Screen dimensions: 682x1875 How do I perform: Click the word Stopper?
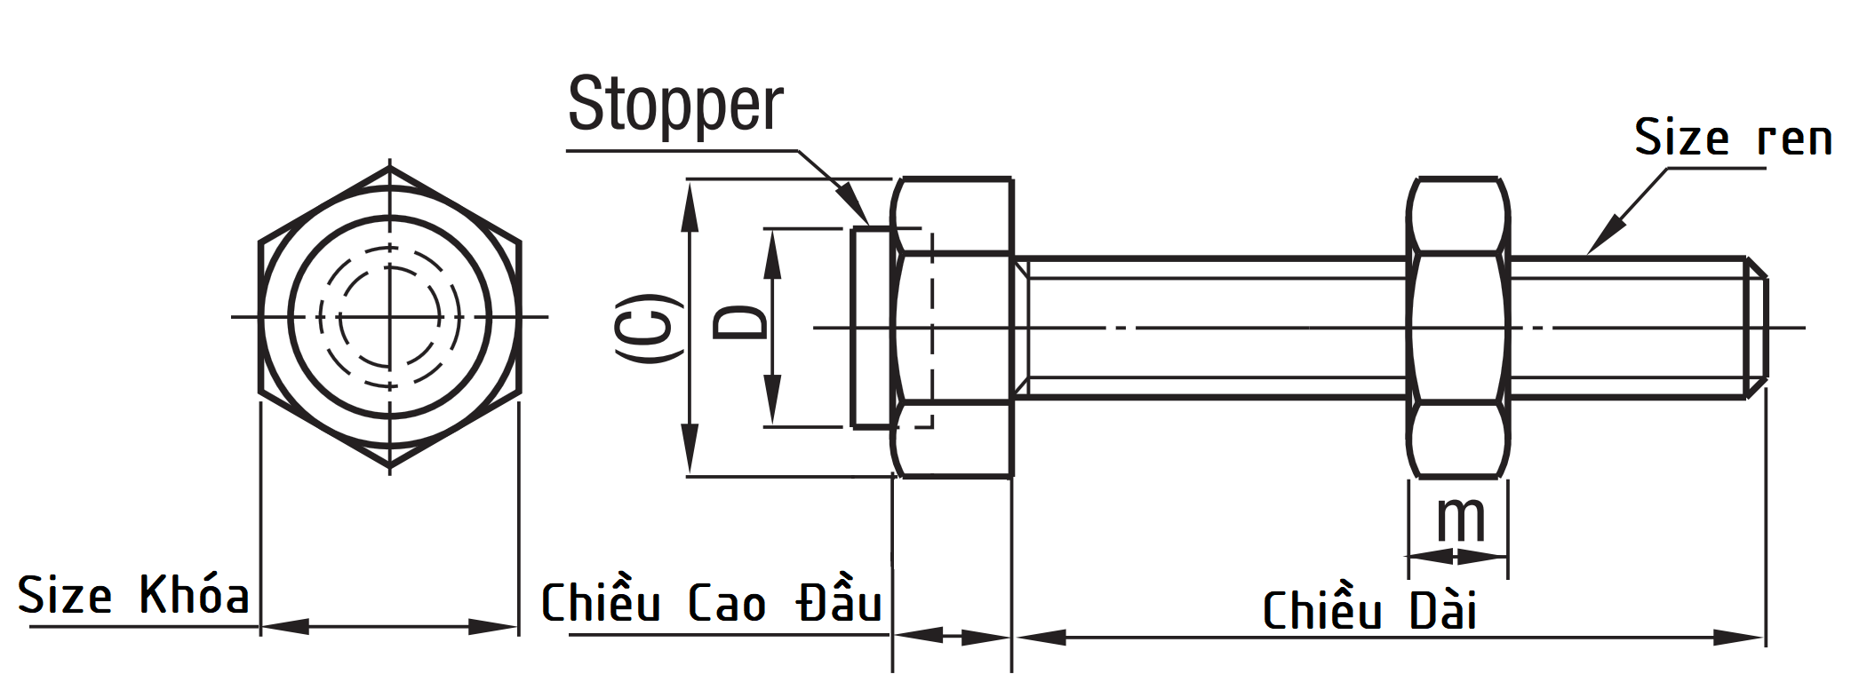point(675,105)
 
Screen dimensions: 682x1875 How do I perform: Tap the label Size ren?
point(1733,139)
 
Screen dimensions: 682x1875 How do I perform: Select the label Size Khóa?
point(133,595)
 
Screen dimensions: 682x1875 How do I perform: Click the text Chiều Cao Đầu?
point(711,604)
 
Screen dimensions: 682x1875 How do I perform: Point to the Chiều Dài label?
point(1369,611)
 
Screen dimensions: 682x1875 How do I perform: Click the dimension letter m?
point(1460,519)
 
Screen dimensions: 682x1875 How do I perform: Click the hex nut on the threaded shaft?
point(1458,328)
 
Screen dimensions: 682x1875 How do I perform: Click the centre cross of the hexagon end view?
point(389,316)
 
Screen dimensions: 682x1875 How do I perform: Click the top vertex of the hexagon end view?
point(389,168)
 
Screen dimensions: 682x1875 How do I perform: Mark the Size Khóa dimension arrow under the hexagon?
point(389,627)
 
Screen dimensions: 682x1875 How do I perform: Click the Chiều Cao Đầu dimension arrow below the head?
point(952,637)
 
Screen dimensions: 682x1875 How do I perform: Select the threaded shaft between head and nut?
point(1209,328)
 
